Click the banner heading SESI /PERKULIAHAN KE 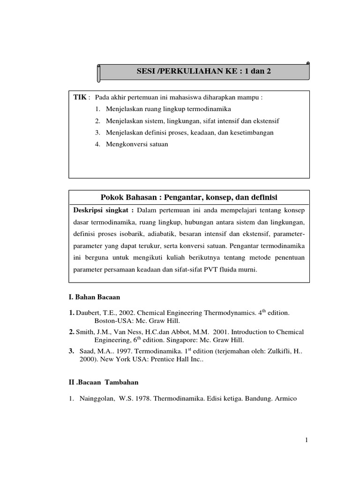[x=203, y=71]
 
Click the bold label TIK [x=80, y=97]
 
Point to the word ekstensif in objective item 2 [x=266, y=121]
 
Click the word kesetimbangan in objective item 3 [x=251, y=133]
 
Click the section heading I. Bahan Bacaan [x=94, y=297]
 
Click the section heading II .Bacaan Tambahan [x=104, y=382]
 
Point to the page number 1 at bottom [x=305, y=440]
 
